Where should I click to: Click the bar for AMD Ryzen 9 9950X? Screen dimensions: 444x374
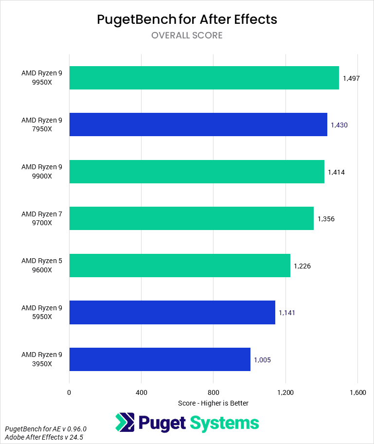(204, 78)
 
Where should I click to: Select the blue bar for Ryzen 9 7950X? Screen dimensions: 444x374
(198, 124)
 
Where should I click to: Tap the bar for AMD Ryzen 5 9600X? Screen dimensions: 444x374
(179, 266)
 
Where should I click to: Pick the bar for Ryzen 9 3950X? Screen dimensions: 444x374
(160, 359)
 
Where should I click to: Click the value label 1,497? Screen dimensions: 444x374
(351, 78)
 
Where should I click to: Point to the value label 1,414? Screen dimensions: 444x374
(336, 172)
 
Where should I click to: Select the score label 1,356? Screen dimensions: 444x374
(326, 219)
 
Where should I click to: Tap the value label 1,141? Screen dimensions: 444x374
(287, 313)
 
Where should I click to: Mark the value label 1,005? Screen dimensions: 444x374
(262, 360)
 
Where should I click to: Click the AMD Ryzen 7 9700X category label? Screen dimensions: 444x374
(42, 219)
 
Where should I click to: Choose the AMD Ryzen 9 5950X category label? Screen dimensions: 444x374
(42, 313)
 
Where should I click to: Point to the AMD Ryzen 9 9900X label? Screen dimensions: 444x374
(42, 172)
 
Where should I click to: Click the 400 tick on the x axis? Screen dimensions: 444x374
(141, 392)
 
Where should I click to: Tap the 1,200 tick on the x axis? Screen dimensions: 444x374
(285, 392)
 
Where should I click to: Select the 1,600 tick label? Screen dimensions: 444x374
(357, 392)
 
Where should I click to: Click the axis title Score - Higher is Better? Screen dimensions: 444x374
(213, 403)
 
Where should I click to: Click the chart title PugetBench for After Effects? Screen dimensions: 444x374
(187, 19)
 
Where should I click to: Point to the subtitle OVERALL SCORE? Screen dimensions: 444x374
(187, 36)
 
